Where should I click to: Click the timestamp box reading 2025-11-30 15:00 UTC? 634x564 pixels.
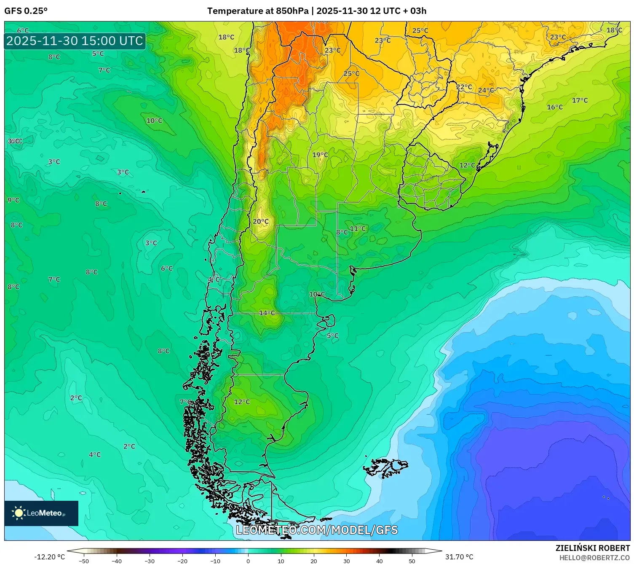point(75,41)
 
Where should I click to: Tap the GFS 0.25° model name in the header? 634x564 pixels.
point(26,11)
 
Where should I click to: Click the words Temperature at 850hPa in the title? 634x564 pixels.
point(258,11)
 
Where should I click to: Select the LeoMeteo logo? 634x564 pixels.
point(41,513)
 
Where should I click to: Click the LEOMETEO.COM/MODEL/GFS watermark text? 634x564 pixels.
point(317,530)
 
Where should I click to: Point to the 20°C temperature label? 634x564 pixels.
point(261,221)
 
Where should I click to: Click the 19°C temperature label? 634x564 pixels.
point(320,155)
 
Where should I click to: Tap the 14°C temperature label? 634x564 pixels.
point(267,313)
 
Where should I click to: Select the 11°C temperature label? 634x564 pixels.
point(358,228)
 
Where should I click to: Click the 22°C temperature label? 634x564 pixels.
point(464,87)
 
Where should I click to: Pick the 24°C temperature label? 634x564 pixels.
point(486,90)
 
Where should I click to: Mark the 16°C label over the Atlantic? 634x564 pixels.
point(555,107)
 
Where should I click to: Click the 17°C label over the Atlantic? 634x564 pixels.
point(580,100)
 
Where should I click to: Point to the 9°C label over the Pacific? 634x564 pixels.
point(13,200)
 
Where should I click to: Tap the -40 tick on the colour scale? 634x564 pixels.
point(117,561)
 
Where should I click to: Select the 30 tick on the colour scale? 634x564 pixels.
point(346,561)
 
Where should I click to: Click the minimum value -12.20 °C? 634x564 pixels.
point(49,557)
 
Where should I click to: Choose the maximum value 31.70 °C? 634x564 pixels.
point(459,557)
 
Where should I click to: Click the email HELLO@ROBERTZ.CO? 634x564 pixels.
point(594,558)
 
